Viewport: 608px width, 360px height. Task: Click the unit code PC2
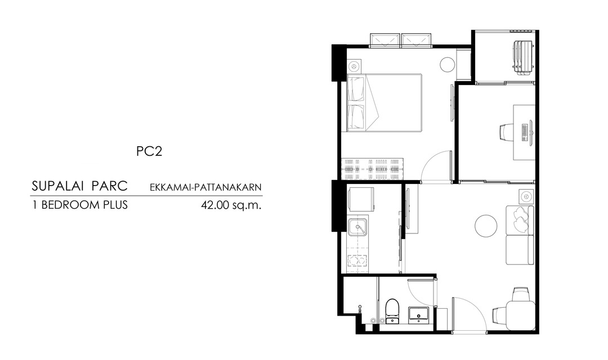149,151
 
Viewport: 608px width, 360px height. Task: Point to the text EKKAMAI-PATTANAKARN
205,187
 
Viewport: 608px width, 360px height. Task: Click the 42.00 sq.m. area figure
231,205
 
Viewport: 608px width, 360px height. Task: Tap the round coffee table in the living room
486,226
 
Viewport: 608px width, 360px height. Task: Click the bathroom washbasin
418,314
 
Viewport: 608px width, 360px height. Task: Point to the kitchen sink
357,227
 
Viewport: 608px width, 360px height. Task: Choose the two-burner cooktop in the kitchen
357,261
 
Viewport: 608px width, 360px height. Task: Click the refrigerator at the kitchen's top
361,200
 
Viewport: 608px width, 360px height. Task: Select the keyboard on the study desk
525,132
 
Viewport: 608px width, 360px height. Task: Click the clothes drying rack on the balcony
524,57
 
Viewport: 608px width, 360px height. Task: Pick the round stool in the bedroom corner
447,64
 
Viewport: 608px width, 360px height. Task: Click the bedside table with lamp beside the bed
354,66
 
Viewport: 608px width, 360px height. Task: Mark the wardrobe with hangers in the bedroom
373,169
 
